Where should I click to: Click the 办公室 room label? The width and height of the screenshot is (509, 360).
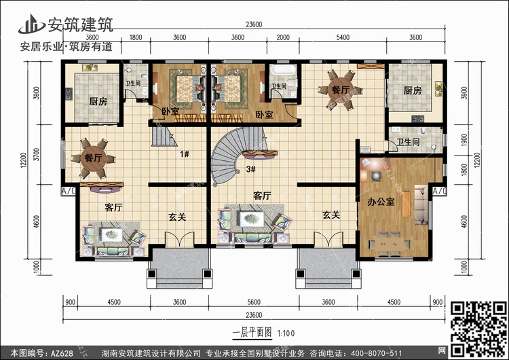tap(381, 202)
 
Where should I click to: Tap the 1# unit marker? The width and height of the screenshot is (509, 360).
tap(185, 154)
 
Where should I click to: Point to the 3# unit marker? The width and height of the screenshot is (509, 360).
tap(250, 169)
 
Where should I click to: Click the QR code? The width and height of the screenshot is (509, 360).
tap(478, 328)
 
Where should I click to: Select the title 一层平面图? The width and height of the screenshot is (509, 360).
tap(252, 332)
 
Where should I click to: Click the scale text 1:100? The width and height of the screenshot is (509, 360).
tap(286, 334)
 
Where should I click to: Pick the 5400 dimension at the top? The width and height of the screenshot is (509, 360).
tap(343, 37)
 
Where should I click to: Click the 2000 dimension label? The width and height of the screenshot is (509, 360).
tap(283, 37)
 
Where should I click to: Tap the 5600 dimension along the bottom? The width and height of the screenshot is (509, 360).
tap(254, 302)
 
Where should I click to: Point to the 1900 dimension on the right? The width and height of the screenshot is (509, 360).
tap(464, 141)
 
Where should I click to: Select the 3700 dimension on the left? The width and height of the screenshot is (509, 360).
tap(37, 154)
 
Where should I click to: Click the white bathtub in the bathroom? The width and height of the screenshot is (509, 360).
tap(283, 69)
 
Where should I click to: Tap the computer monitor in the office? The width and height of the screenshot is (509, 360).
tap(376, 176)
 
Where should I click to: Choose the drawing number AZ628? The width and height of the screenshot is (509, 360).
tap(62, 353)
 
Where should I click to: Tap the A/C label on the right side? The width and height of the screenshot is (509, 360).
tap(439, 191)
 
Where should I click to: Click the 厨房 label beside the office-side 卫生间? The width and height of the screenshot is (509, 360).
tap(412, 90)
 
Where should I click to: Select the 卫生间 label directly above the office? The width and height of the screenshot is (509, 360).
tap(408, 142)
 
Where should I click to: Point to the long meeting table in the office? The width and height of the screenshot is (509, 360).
tap(390, 244)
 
